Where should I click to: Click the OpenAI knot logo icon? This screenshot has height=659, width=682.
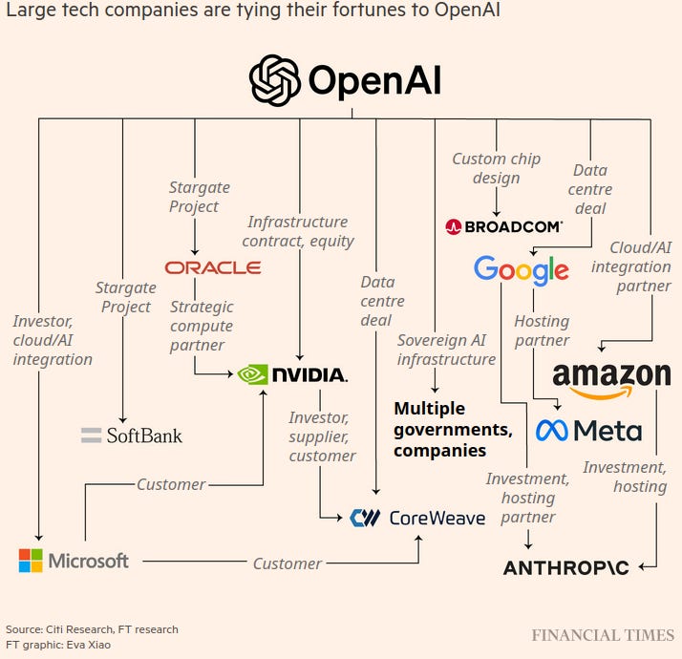(274, 79)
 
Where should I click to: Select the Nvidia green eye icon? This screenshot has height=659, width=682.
(252, 374)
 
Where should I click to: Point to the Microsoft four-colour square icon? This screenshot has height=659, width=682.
(31, 561)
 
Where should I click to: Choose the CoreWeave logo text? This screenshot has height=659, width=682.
(437, 518)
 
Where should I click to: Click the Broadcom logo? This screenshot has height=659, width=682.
(504, 226)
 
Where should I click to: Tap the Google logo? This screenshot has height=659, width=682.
(521, 270)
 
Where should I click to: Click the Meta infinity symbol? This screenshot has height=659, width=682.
(551, 431)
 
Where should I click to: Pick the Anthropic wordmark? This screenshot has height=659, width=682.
(565, 567)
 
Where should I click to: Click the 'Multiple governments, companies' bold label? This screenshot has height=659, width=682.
(453, 429)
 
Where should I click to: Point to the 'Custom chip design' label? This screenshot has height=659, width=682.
(496, 168)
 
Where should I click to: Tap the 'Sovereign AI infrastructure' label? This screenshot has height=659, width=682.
(446, 350)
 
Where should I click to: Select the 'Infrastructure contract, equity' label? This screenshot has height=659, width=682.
(298, 231)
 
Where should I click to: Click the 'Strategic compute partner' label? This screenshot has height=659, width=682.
(202, 326)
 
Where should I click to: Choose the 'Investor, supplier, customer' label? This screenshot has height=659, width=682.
(322, 436)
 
